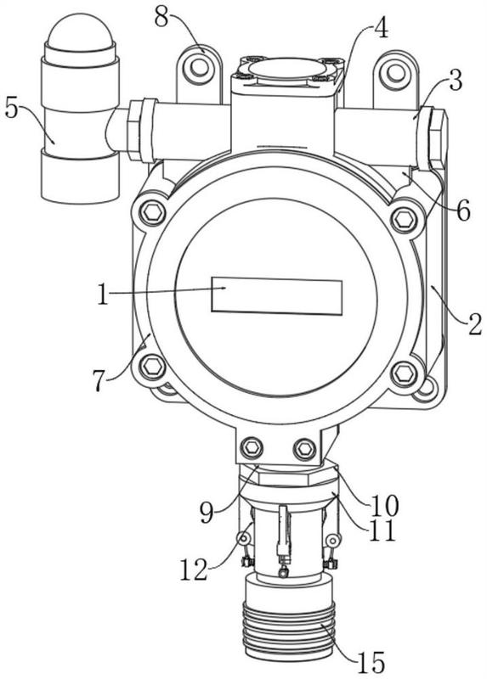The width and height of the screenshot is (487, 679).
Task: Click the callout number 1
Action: point(102,295)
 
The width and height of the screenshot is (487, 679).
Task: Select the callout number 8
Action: point(162,18)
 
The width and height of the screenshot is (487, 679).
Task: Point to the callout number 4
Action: point(381,27)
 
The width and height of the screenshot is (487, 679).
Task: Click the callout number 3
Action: point(455,80)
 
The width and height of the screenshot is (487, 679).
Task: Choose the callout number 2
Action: point(474,324)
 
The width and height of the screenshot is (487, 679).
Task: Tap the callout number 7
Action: point(99,381)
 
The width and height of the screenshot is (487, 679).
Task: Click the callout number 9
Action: point(207,513)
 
